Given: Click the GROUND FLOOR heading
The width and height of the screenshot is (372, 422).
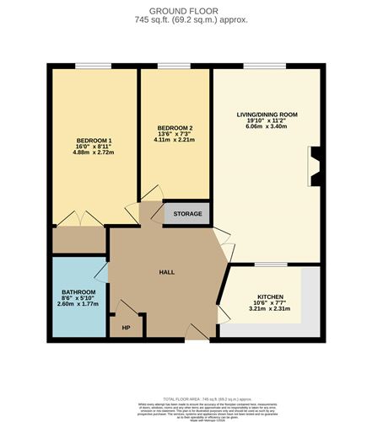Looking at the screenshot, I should click(x=185, y=11).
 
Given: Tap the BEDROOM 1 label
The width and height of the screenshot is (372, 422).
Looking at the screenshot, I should click(x=94, y=139).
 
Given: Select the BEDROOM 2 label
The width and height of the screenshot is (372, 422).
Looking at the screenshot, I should click(x=175, y=128).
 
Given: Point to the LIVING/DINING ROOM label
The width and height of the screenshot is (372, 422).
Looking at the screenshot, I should click(x=267, y=114).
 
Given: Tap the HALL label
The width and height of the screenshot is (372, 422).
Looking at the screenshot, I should click(x=166, y=272).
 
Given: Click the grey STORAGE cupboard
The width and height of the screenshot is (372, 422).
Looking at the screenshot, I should click(x=187, y=214).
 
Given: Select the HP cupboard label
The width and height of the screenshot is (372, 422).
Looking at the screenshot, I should click(x=127, y=327).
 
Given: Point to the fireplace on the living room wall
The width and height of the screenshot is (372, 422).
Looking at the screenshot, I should click(x=316, y=165).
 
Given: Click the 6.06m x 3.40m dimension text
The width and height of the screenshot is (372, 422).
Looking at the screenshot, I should click(x=267, y=129).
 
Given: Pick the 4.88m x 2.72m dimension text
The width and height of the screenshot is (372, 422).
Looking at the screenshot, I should click(x=94, y=154).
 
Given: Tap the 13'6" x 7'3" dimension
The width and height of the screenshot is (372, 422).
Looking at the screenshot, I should click(x=175, y=136).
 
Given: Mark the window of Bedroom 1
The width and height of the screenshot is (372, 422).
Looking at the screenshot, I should click(x=94, y=67).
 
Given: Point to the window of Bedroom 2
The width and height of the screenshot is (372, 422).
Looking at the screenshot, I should click(x=175, y=67).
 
